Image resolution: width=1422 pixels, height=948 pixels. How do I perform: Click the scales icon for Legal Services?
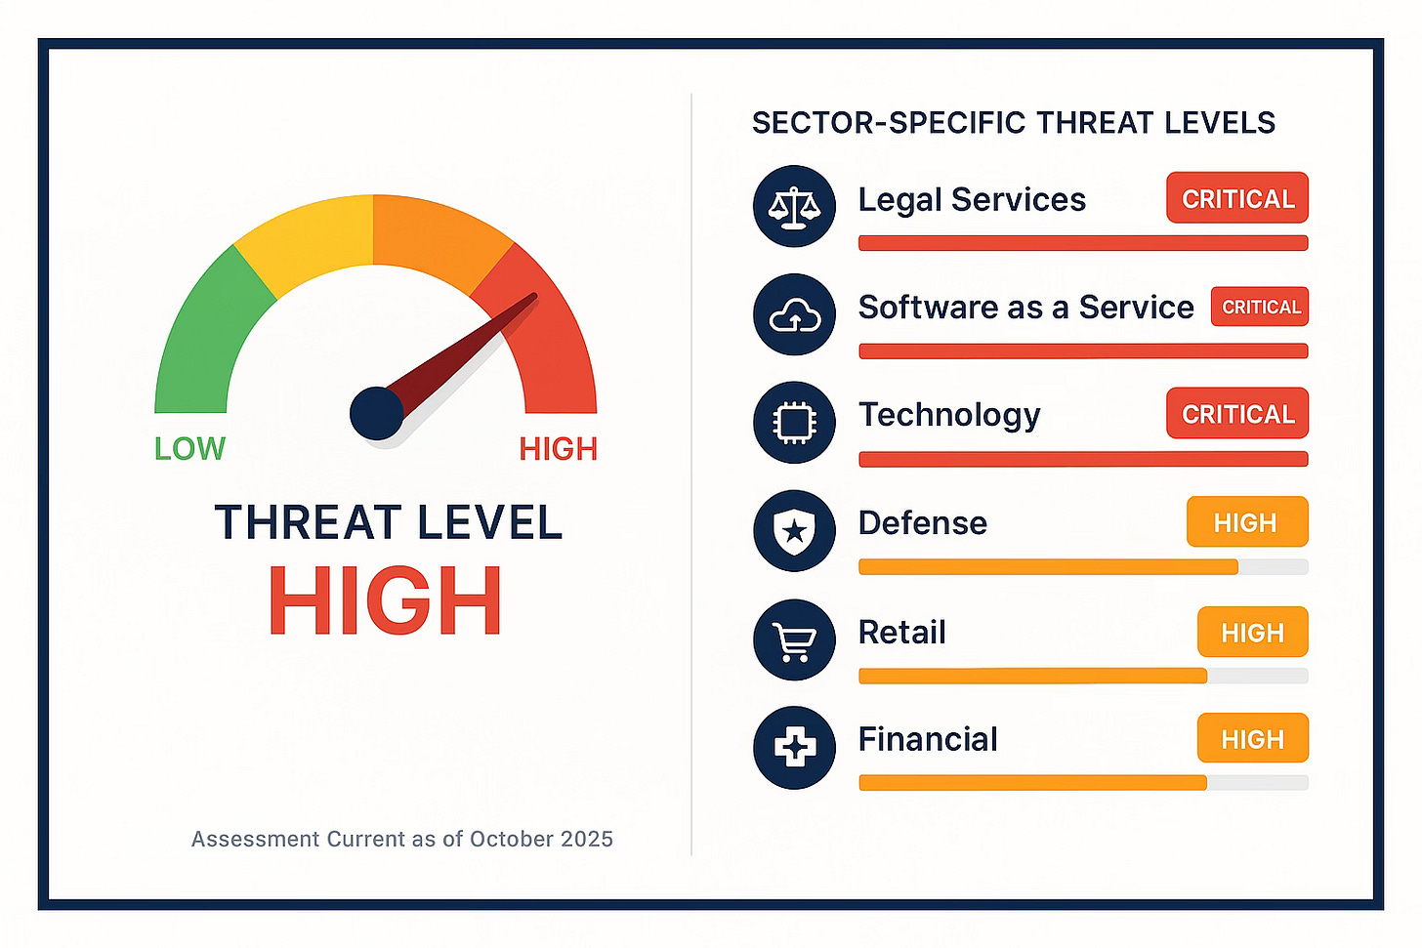(794, 206)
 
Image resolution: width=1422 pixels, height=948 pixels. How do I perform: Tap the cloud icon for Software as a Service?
(794, 314)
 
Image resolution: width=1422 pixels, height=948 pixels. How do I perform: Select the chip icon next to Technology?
(794, 423)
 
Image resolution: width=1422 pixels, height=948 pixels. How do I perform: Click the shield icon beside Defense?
(794, 530)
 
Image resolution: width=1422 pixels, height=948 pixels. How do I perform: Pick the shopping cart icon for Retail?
(794, 639)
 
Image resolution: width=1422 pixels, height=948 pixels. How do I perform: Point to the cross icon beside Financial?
(794, 748)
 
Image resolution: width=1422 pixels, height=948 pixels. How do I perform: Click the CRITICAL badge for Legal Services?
(1236, 198)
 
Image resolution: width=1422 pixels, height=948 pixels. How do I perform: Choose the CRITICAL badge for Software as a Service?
(1259, 307)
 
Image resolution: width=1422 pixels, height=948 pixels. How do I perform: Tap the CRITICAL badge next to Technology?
(1236, 414)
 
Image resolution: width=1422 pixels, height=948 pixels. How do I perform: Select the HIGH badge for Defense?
(1246, 522)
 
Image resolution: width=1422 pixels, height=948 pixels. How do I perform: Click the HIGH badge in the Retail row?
(1252, 633)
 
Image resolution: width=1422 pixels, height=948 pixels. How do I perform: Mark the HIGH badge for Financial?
(1252, 739)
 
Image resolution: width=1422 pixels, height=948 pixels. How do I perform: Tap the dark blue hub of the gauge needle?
(376, 413)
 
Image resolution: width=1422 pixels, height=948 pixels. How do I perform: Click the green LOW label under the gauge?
(189, 449)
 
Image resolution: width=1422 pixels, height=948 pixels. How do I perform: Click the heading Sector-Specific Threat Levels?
(1013, 123)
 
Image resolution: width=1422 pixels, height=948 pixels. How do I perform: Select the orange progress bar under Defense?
(1047, 567)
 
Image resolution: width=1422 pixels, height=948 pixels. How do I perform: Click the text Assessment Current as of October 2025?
(401, 840)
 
